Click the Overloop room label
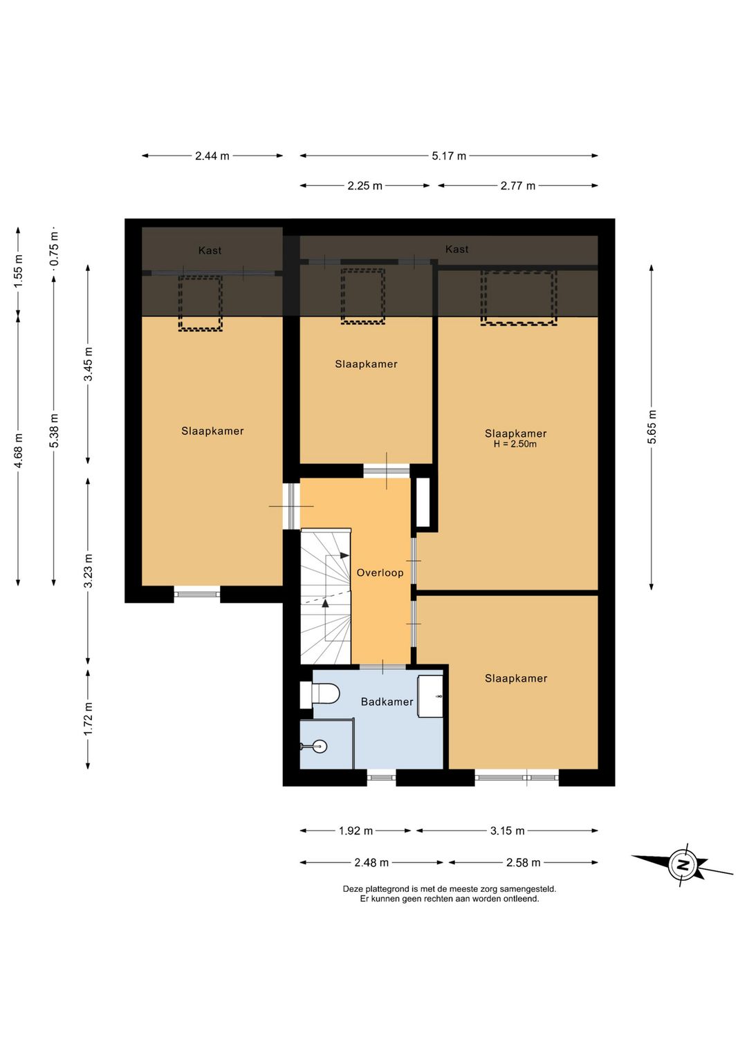pos(380,572)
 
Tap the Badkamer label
pos(387,702)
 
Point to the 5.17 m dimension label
pos(449,156)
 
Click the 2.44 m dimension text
pos(212,156)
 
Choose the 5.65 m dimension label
pos(652,427)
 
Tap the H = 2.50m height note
pos(515,444)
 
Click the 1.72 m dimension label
pos(88,718)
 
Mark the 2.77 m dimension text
pos(518,186)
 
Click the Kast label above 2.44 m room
pos(210,250)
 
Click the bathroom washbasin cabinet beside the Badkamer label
pos(430,695)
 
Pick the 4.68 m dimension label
pos(18,451)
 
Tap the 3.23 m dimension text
pos(88,571)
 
